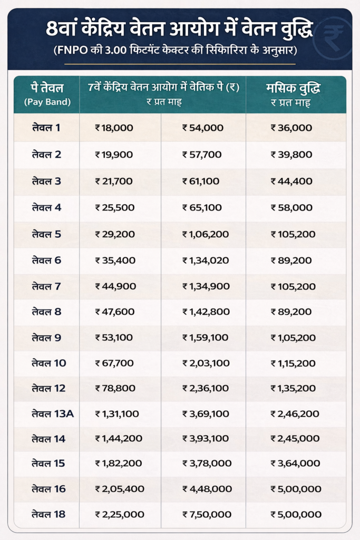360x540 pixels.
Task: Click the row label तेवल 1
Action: pos(46,128)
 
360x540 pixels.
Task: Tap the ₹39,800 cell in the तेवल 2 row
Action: pos(291,155)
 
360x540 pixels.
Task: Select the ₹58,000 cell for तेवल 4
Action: pos(291,207)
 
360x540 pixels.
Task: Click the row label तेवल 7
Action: pos(46,286)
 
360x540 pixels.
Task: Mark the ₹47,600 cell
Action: pos(115,312)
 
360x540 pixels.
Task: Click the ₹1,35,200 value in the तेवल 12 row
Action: pos(293,388)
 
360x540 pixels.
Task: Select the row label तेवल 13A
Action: pos(52,413)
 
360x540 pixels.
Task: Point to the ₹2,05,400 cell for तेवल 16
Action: pos(120,489)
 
